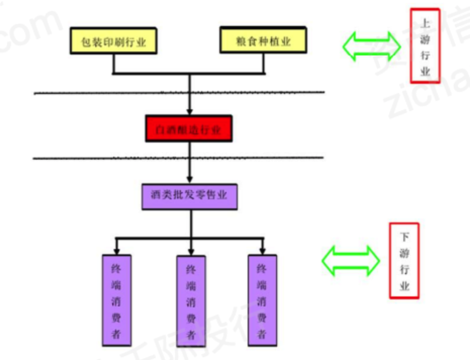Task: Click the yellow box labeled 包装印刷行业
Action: [113, 40]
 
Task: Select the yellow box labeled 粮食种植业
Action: [263, 40]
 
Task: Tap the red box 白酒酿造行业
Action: [189, 128]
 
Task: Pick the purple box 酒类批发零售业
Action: [189, 196]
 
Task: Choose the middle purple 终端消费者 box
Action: [191, 301]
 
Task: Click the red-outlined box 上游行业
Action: [425, 45]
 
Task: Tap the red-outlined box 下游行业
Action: [404, 260]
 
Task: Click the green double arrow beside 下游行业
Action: [351, 259]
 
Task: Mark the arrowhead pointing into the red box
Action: [190, 111]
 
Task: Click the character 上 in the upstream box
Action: [425, 23]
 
